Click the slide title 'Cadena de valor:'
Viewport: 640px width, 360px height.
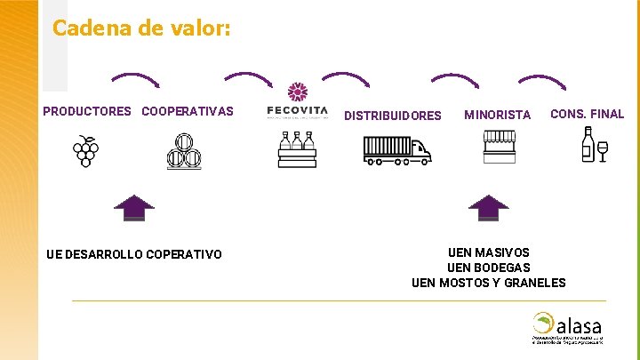(x=141, y=28)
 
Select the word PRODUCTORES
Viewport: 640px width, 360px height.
(x=86, y=112)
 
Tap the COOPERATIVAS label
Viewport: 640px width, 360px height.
(x=188, y=112)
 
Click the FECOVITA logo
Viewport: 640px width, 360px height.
(x=297, y=100)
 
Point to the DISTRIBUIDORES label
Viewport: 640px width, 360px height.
(x=392, y=116)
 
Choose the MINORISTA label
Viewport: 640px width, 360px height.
(x=497, y=115)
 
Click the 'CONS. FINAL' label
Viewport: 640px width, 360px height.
(x=588, y=114)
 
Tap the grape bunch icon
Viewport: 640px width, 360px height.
(x=86, y=151)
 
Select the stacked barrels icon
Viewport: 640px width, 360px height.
(x=185, y=151)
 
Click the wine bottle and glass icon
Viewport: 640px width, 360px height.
(x=593, y=145)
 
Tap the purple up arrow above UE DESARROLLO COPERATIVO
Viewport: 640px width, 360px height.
(x=134, y=207)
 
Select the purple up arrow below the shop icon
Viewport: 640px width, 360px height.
(x=488, y=207)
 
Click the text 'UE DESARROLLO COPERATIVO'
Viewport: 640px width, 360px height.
(x=134, y=255)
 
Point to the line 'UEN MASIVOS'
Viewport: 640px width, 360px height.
(x=489, y=252)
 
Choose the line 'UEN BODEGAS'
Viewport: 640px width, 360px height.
(x=489, y=268)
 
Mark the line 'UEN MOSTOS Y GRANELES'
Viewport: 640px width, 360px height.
(x=489, y=283)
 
